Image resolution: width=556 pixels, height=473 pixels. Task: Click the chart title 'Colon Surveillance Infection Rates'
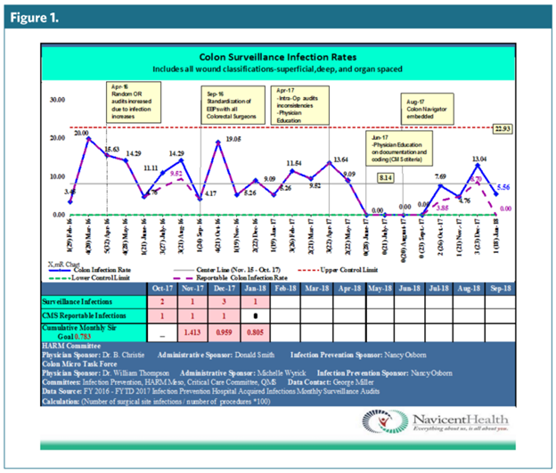tap(276, 54)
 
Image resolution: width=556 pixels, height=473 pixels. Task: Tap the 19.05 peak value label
tap(234, 140)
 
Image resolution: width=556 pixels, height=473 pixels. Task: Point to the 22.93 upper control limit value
tap(504, 129)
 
